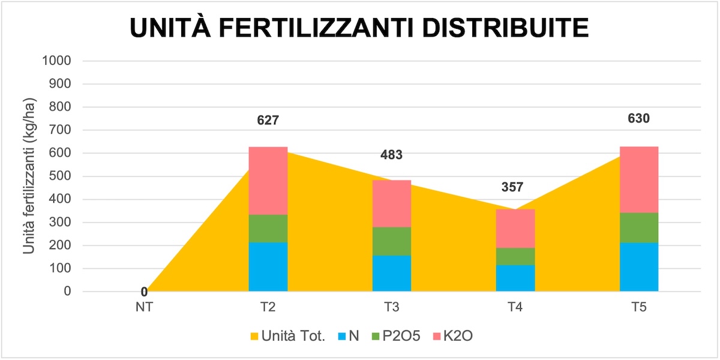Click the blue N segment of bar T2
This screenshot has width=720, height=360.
pos(268,267)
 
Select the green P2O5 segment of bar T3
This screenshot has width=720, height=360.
pos(392,241)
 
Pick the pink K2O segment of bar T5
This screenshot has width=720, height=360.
pos(639,179)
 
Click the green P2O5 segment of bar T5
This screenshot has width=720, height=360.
pos(639,227)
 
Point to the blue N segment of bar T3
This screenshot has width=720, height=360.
pos(392,274)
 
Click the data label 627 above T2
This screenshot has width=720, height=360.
pos(268,120)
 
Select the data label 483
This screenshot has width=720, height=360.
pos(392,155)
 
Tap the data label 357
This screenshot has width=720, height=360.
pos(512,187)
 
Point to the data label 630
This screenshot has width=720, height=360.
pos(639,118)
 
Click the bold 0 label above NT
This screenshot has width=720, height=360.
pos(144,292)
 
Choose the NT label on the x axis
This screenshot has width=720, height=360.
pos(144,308)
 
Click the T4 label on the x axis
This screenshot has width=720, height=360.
pos(515,308)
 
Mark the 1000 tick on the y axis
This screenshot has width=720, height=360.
pos(57,61)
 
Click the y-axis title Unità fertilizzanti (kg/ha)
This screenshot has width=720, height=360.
pos(28,176)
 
